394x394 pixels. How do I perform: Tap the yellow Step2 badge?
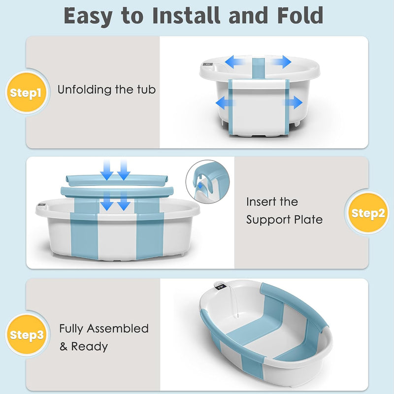(367, 213)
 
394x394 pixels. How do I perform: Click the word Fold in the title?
(300, 16)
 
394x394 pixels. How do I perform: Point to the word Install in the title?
(186, 16)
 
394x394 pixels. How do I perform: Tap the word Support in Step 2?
(268, 220)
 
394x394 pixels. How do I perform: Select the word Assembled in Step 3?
(118, 328)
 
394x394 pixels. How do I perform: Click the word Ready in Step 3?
(90, 347)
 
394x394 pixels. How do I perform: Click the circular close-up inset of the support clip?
(207, 182)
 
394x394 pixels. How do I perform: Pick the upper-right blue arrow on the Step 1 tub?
(281, 62)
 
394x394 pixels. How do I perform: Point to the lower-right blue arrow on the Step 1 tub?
(293, 102)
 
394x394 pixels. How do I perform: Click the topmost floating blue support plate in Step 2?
(117, 180)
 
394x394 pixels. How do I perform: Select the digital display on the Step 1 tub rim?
(208, 65)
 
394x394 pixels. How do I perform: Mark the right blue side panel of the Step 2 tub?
(149, 229)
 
